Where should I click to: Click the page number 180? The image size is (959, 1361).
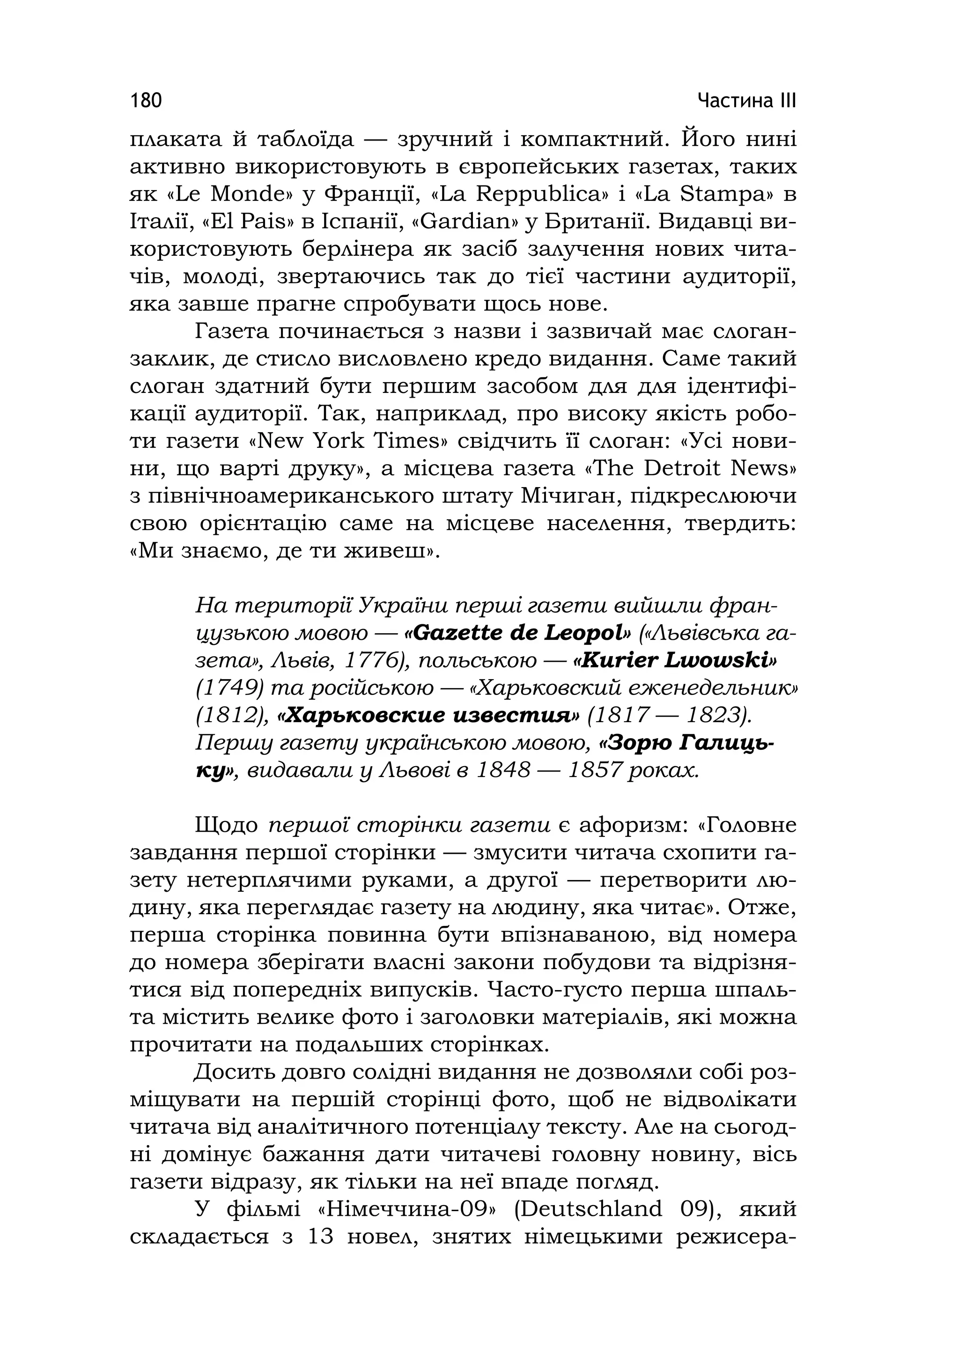click(146, 100)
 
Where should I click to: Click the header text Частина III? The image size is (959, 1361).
click(746, 100)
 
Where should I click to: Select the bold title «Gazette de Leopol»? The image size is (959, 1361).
click(517, 633)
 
